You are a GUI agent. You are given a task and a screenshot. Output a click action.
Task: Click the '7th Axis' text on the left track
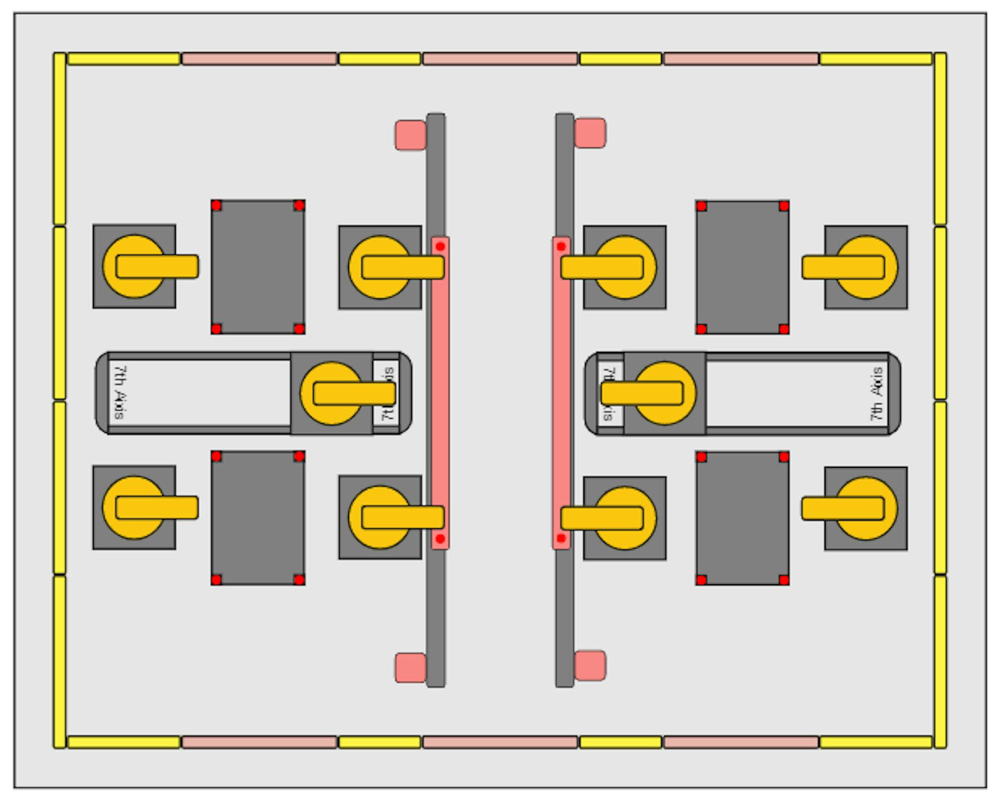(x=120, y=392)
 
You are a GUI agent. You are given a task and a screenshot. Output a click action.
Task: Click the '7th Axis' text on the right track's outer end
(x=877, y=393)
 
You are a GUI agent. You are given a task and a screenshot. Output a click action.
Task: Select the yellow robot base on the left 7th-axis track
(x=331, y=393)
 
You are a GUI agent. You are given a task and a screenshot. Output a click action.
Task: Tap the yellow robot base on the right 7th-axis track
(x=665, y=393)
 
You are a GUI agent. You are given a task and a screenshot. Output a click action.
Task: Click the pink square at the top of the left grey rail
(x=410, y=136)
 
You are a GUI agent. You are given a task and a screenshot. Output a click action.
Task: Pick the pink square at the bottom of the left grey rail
(x=410, y=667)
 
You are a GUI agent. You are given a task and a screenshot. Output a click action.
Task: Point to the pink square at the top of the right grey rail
(x=590, y=133)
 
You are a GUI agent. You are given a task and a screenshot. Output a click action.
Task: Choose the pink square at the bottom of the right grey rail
(x=590, y=665)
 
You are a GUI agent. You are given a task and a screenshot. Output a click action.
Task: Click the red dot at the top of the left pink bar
(x=440, y=246)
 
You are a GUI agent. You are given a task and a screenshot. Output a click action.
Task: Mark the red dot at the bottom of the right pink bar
(x=561, y=538)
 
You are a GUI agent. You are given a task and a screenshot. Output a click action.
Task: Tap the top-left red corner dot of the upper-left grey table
(x=217, y=206)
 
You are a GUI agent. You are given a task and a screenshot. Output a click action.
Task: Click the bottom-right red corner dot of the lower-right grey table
(x=783, y=580)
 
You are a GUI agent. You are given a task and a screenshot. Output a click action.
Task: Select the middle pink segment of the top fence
(x=500, y=59)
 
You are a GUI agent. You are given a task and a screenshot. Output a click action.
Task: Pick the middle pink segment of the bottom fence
(x=500, y=742)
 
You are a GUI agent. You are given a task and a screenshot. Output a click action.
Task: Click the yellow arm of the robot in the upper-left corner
(x=157, y=266)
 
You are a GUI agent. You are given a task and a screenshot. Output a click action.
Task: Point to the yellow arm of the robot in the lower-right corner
(x=843, y=509)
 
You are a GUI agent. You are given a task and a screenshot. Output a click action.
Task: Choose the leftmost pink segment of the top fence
(x=259, y=59)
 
